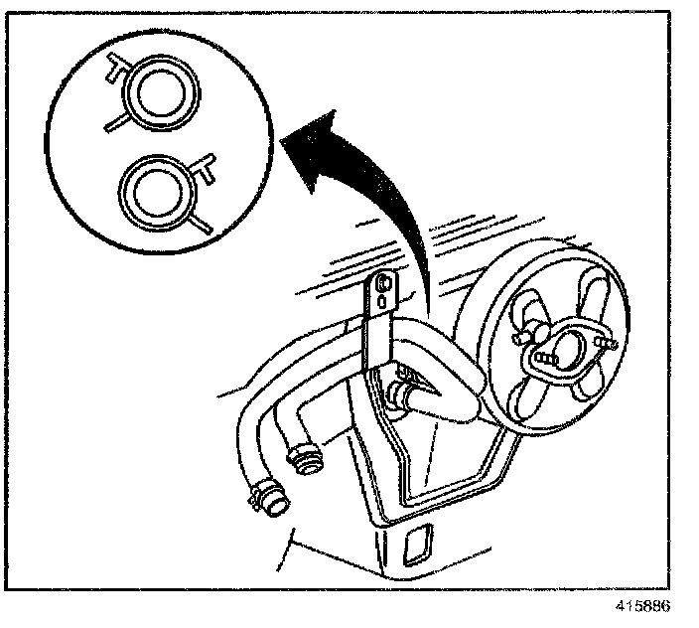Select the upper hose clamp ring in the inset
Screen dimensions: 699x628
(x=160, y=93)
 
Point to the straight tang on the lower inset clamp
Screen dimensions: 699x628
(x=201, y=225)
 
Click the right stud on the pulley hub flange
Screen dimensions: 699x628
(x=603, y=342)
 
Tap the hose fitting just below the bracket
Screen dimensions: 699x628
(x=405, y=391)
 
